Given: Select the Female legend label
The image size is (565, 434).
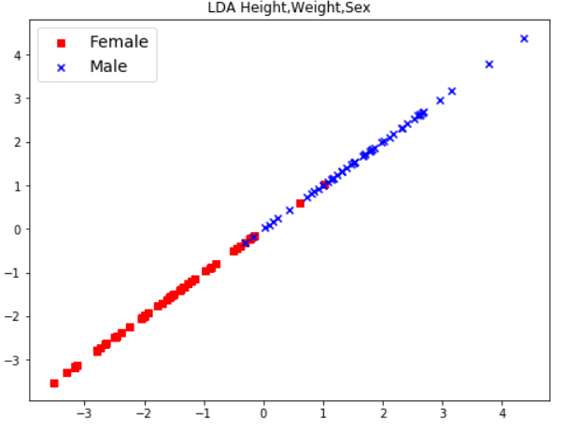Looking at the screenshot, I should click(x=119, y=42).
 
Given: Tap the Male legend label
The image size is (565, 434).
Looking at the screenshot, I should click(x=108, y=66).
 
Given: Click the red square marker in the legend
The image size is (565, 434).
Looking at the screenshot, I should click(x=62, y=43).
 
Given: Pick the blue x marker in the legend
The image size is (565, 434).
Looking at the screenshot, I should click(x=62, y=67).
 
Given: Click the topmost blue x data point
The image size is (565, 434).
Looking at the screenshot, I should click(x=524, y=38).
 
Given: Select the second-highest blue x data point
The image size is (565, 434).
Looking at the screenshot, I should click(x=489, y=65).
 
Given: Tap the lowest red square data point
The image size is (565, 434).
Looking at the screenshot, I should click(x=54, y=383).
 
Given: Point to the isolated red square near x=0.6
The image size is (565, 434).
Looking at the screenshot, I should click(x=300, y=203).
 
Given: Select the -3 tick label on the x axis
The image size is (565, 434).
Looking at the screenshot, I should click(x=82, y=412).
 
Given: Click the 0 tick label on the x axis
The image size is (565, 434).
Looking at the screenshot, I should click(x=263, y=412).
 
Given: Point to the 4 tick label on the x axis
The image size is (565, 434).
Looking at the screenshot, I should click(x=502, y=412).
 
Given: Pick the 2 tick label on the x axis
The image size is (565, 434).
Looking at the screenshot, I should click(x=383, y=412).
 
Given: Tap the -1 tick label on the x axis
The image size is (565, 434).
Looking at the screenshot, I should click(x=202, y=412).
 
